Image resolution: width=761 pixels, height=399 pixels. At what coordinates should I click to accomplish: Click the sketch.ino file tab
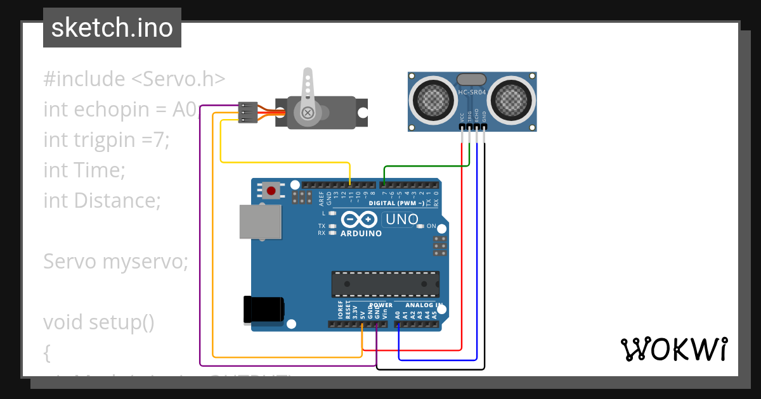[112, 28]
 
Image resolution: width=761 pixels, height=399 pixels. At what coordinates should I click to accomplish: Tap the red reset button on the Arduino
[272, 189]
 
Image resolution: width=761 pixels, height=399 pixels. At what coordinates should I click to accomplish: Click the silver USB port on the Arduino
[260, 221]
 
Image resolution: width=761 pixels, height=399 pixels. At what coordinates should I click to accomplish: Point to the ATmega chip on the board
[385, 284]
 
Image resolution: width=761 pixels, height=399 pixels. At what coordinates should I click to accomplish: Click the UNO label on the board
[402, 219]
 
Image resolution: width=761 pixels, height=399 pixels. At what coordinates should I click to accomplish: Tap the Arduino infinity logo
[360, 220]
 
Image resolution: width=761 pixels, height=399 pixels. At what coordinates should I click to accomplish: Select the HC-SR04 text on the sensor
[472, 92]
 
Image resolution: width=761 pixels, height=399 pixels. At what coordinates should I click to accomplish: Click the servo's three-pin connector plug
[246, 112]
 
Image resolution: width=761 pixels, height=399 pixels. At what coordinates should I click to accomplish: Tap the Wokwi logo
[673, 348]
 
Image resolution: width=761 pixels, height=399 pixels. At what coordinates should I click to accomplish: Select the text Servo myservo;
[115, 262]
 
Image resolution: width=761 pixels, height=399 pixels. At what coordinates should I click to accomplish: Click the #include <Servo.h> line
[134, 79]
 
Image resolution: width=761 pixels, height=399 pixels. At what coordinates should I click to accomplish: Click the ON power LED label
[431, 226]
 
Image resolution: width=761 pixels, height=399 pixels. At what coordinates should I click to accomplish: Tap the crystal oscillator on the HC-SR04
[471, 79]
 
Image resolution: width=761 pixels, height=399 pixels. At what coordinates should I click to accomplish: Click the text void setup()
[99, 322]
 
